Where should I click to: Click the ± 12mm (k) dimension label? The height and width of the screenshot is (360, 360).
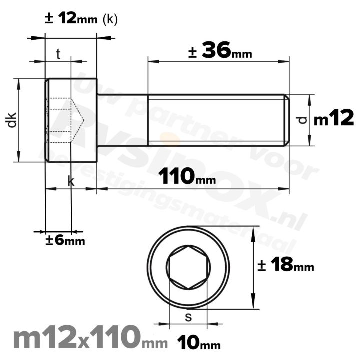point(81,19)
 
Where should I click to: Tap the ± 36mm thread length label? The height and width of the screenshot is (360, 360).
point(220,51)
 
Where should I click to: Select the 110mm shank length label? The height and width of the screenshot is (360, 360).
point(187,176)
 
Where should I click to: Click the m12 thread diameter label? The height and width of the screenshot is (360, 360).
point(334,119)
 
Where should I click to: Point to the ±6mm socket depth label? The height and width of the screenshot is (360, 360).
point(65,240)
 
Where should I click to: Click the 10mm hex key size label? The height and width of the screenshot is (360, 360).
point(199,343)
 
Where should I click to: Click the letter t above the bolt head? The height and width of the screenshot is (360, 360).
point(58,54)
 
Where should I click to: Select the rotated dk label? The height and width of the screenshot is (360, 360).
point(13,120)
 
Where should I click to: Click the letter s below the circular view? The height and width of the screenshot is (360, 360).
point(188,316)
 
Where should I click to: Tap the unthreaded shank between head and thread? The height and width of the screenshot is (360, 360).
point(122,120)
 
